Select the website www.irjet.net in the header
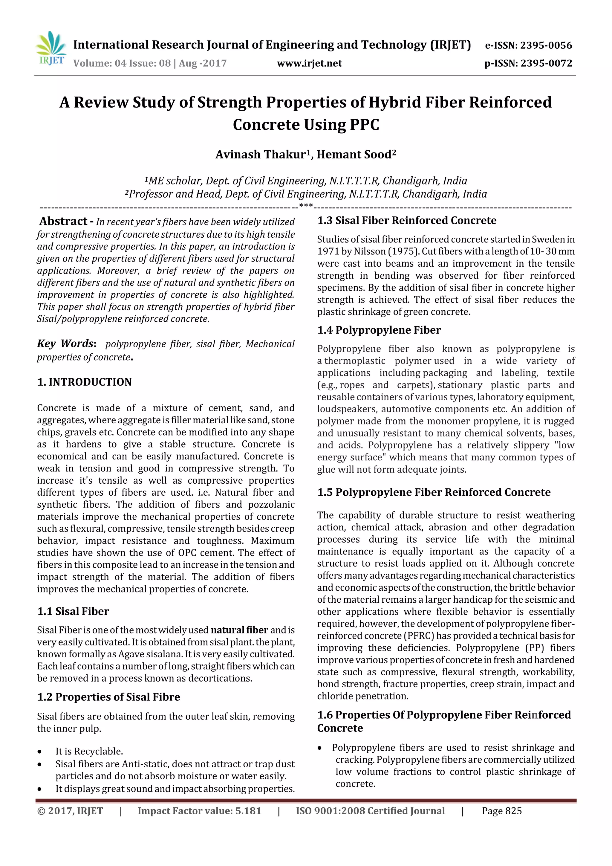[309, 63]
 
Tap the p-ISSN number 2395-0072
[546, 63]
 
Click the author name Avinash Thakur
[261, 155]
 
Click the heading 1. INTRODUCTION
[85, 382]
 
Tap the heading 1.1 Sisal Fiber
[73, 611]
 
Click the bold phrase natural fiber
[239, 630]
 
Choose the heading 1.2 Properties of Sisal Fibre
[108, 697]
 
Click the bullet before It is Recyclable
[39, 752]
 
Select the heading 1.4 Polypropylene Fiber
[379, 330]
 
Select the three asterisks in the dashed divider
[305, 206]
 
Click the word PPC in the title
[364, 125]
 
